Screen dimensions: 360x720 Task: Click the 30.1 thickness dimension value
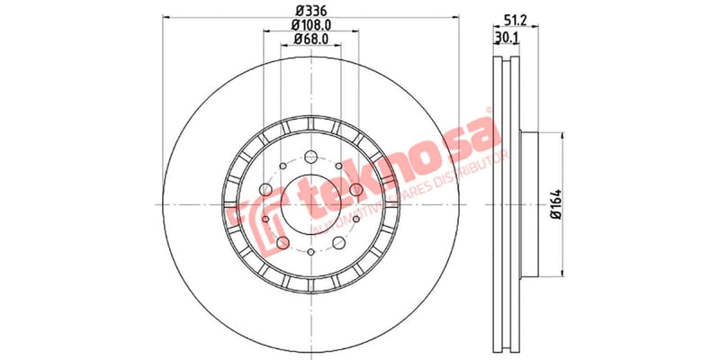click(507, 37)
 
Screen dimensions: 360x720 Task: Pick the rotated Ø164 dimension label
click(555, 203)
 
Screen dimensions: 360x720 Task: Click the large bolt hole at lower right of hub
click(340, 244)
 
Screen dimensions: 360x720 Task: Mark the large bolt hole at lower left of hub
click(283, 244)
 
